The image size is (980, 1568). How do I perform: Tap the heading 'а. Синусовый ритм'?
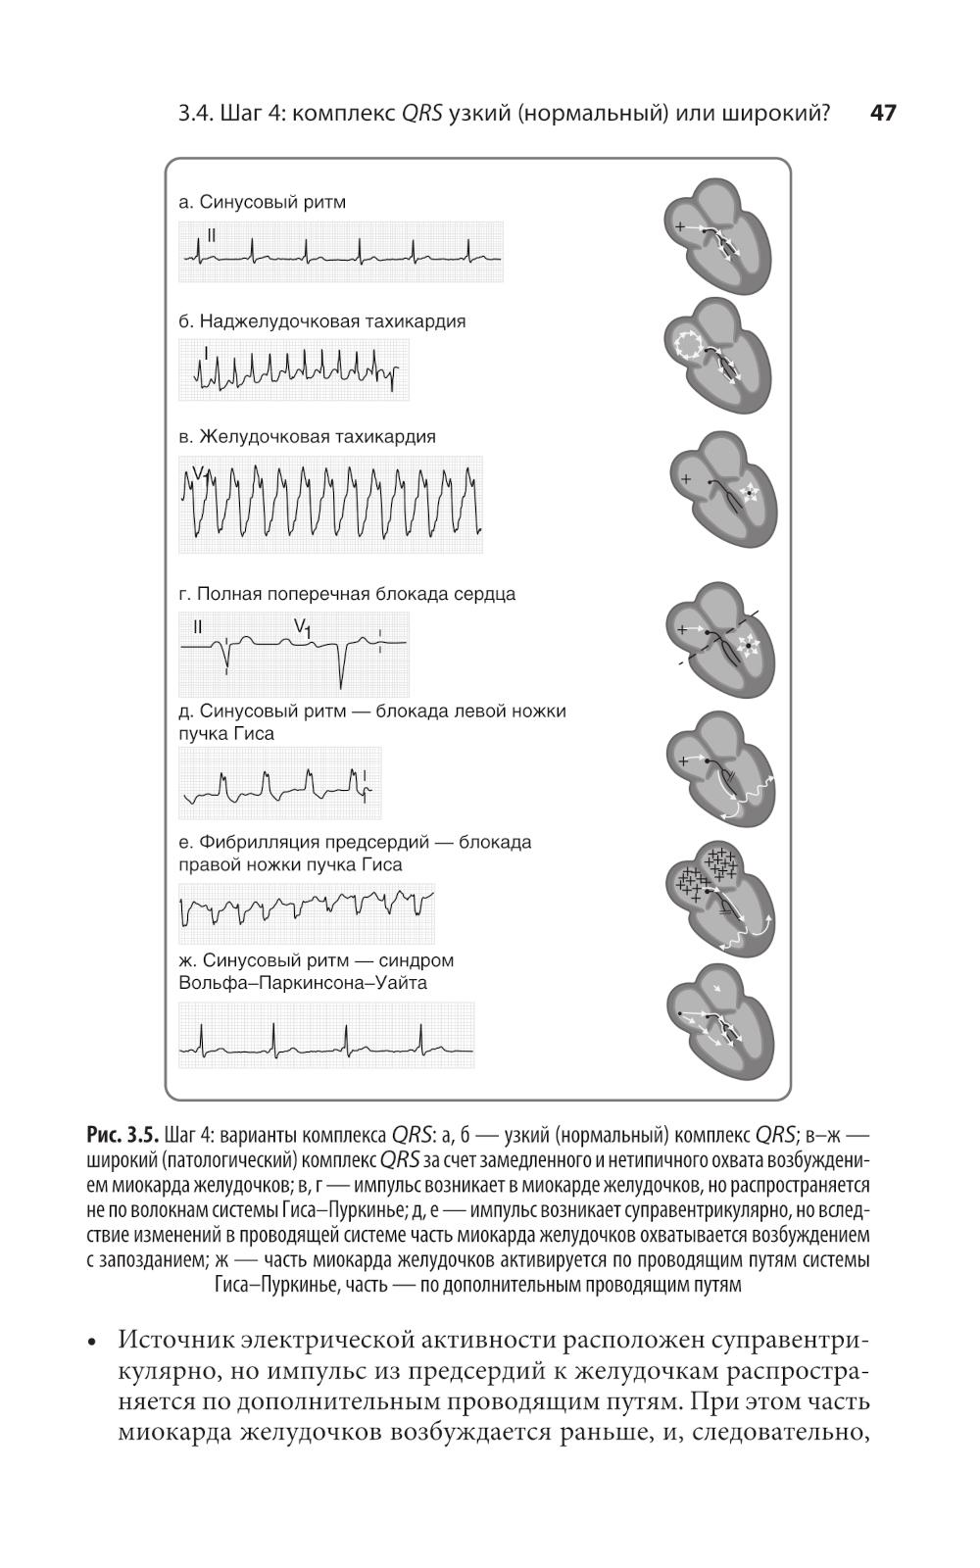click(x=262, y=203)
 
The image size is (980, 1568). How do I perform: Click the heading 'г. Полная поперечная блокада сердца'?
click(x=347, y=594)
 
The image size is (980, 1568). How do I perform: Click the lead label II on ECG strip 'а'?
click(x=212, y=235)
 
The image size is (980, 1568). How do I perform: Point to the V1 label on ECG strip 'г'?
click(x=303, y=628)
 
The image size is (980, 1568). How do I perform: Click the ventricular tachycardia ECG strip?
click(x=330, y=504)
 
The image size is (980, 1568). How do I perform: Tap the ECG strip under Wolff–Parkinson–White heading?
click(x=326, y=1036)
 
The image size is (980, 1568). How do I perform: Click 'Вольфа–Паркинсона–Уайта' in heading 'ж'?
click(x=303, y=983)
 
